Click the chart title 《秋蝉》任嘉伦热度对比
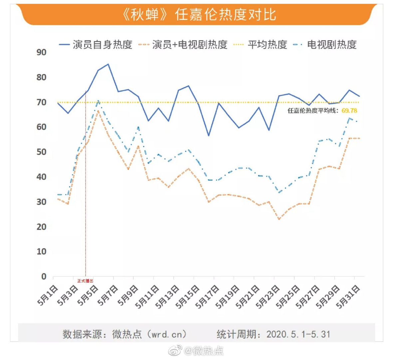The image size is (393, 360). click(x=199, y=15)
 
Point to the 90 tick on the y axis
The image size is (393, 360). click(x=41, y=52)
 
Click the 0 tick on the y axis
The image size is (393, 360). click(x=44, y=276)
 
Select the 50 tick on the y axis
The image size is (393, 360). click(x=41, y=152)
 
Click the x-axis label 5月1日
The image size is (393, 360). click(x=48, y=295)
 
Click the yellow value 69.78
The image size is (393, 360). click(x=349, y=111)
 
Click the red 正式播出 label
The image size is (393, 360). click(x=85, y=281)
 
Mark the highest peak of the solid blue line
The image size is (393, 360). click(x=108, y=64)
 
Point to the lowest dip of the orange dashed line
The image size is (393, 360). click(x=279, y=219)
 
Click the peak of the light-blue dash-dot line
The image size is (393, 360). click(x=98, y=100)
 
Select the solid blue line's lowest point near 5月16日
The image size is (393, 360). click(x=208, y=136)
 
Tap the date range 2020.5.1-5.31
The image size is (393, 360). click(x=298, y=334)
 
